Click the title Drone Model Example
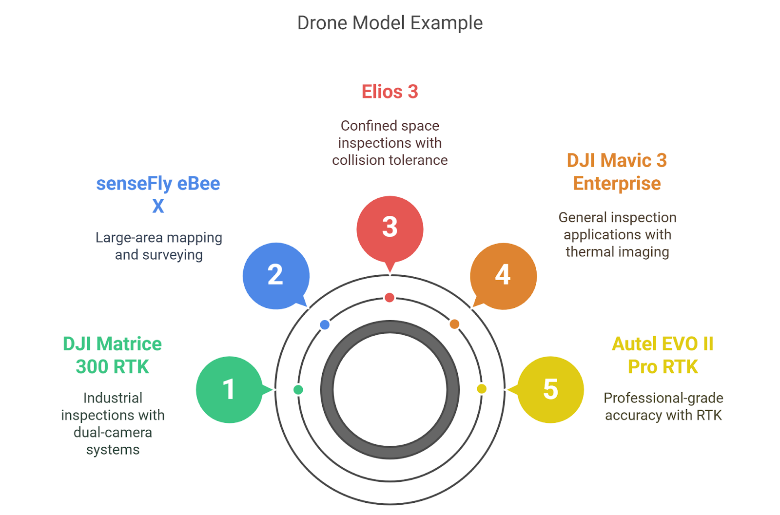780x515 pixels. (390, 23)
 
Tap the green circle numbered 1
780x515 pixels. (229, 389)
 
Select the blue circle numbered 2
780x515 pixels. (275, 275)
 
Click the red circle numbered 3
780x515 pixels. (390, 228)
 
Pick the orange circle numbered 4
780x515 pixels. (503, 275)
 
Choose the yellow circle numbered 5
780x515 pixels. (550, 389)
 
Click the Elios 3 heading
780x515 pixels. (390, 92)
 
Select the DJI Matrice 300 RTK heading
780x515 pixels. (112, 355)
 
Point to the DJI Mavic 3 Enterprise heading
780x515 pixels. (617, 172)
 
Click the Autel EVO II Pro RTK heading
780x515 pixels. (663, 355)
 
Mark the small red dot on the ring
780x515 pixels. (389, 297)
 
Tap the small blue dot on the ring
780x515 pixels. (325, 324)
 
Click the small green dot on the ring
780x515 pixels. (298, 389)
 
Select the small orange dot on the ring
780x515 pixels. (454, 324)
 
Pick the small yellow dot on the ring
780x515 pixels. (482, 388)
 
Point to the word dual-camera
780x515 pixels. (113, 432)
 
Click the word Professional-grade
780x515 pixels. (663, 398)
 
